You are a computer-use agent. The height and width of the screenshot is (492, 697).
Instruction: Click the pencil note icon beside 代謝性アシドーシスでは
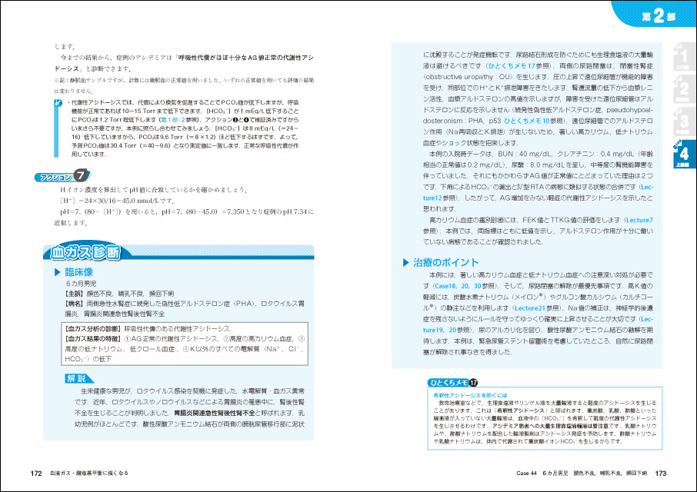(x=59, y=101)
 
